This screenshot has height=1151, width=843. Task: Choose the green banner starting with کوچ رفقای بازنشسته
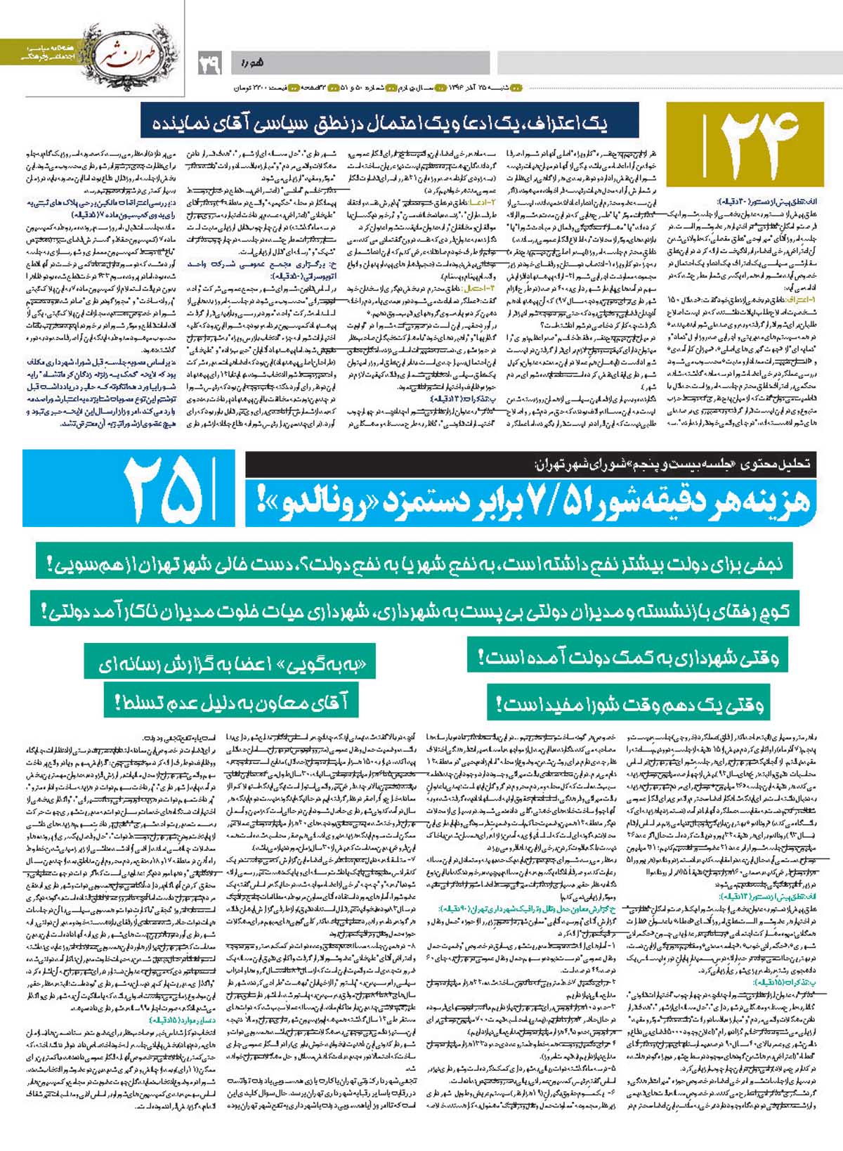[x=410, y=610]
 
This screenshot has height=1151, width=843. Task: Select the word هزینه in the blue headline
[x=769, y=501]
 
